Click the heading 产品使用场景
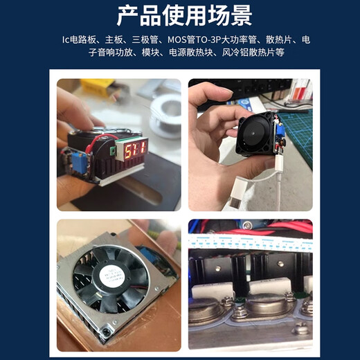[x=180, y=15]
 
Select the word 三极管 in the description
[x=150, y=40]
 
